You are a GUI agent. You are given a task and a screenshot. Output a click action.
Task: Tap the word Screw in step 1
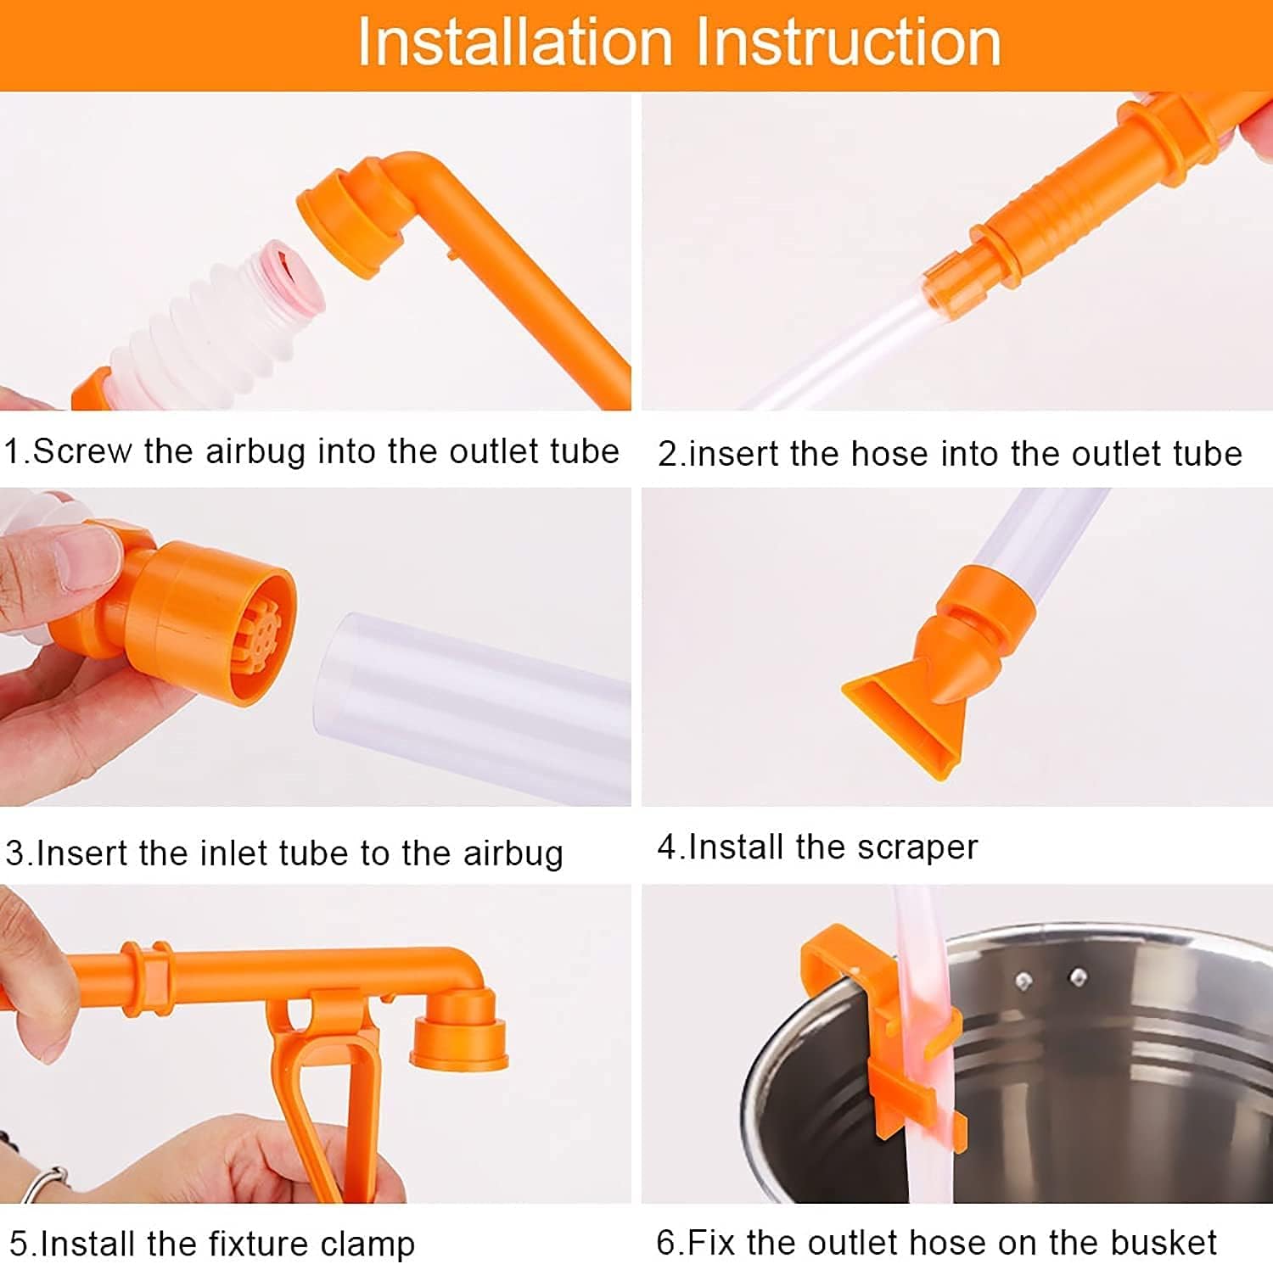(x=81, y=451)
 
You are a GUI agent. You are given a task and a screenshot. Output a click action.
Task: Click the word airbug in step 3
(x=513, y=853)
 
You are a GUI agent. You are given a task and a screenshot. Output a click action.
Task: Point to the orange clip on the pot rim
(x=883, y=1035)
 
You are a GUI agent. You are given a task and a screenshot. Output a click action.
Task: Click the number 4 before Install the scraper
(x=666, y=847)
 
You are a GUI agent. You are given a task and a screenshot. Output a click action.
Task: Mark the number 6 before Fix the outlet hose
(x=666, y=1243)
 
